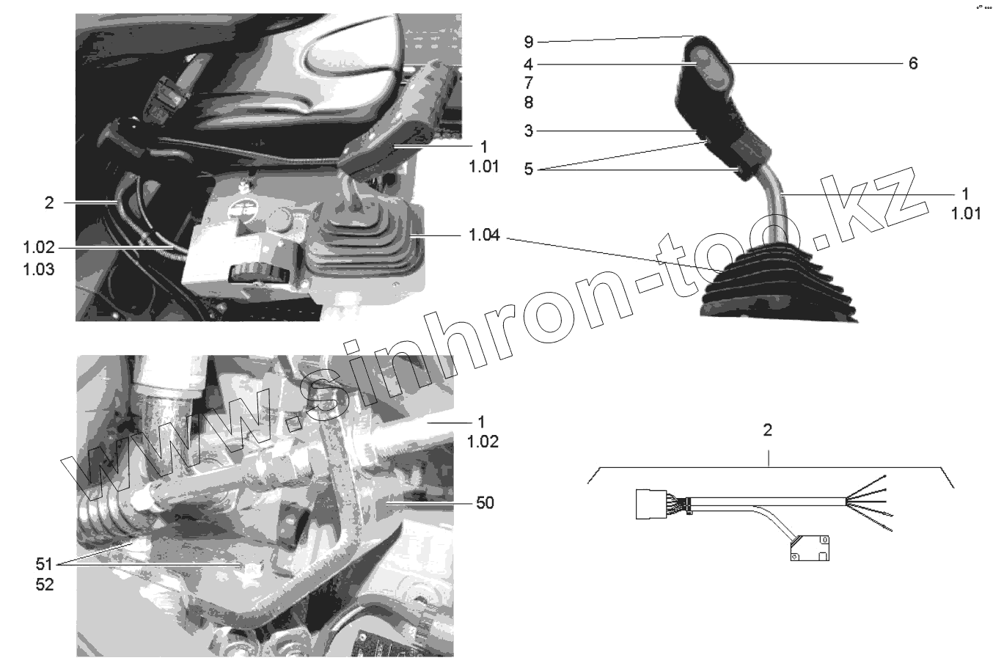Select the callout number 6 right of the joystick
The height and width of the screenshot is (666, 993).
(912, 64)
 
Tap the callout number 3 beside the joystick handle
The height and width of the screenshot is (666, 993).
(528, 131)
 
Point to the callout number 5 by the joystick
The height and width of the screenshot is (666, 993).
(528, 170)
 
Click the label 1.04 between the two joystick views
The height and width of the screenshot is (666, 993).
(485, 236)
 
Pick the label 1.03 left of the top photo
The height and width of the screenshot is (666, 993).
(38, 269)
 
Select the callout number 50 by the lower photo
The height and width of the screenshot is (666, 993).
(485, 503)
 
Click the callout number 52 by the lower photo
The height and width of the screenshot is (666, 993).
(45, 586)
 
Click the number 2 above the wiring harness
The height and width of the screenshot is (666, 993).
(767, 431)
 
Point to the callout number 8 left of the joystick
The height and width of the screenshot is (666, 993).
(528, 102)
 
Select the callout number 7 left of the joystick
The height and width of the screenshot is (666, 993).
(528, 83)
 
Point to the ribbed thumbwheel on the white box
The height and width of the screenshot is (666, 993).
(254, 275)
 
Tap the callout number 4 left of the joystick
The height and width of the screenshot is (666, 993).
(528, 64)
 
